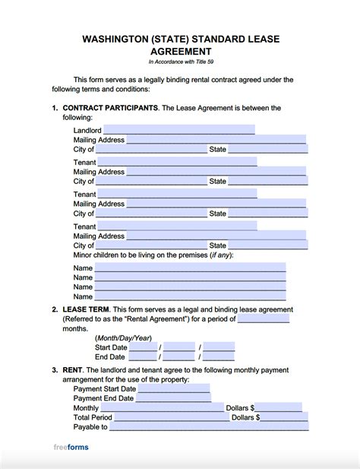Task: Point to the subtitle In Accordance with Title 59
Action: pos(180,62)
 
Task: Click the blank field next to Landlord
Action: pos(177,130)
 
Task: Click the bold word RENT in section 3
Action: pos(73,369)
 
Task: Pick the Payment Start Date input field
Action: pos(174,388)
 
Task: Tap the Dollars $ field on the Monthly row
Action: pos(279,407)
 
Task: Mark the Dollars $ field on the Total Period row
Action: pos(281,417)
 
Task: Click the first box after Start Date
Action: pos(143,347)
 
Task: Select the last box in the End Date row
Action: pos(219,357)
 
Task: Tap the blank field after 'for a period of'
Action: pos(264,319)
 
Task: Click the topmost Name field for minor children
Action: pos(190,268)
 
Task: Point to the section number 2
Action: pos(55,309)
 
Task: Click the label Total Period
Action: pos(93,417)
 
